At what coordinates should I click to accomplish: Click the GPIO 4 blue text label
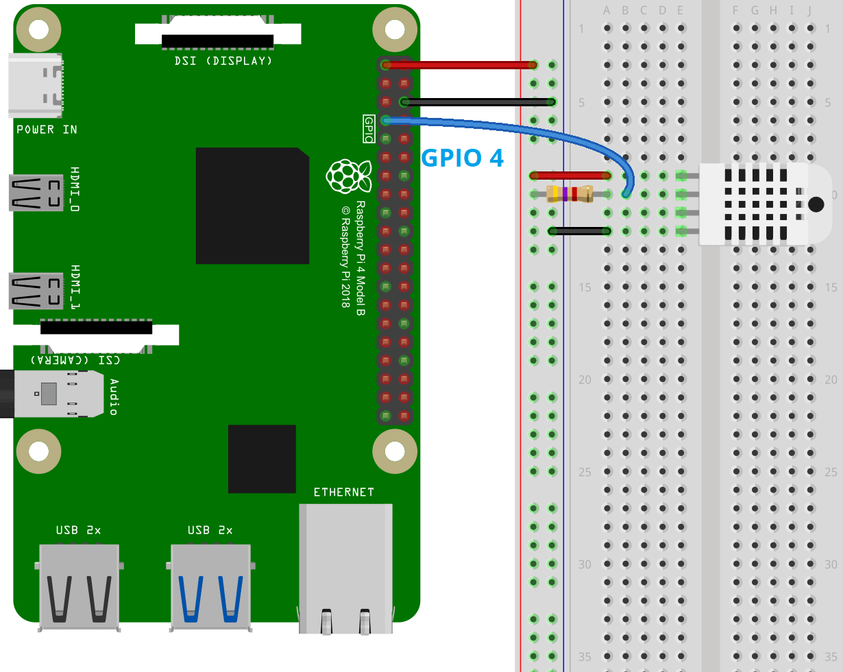462,158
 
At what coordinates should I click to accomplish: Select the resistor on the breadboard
570,194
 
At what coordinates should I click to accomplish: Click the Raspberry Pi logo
349,176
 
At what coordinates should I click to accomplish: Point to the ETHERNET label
343,492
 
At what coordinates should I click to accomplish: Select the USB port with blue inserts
210,586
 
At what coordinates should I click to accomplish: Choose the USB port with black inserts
79,586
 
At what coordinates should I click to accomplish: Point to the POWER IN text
47,130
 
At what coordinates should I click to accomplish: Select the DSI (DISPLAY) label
223,61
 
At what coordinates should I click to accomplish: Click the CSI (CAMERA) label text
75,360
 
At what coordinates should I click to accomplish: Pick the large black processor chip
252,205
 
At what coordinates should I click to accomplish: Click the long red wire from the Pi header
459,65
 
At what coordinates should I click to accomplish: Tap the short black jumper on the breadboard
579,231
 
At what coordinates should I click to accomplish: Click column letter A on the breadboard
607,10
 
